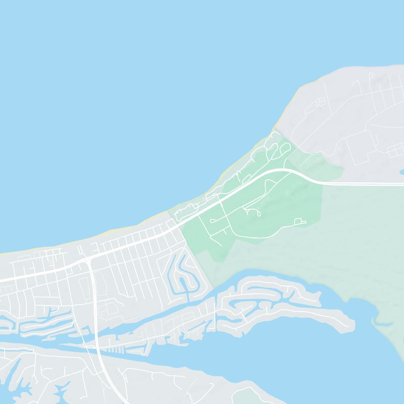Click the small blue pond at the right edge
point(401,172)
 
